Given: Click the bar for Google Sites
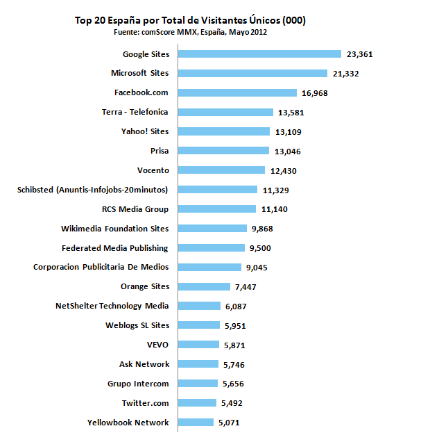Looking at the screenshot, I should click(x=260, y=54).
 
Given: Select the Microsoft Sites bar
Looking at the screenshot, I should click(x=253, y=73).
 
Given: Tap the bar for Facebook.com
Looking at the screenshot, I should click(x=238, y=92).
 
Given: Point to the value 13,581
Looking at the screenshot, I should click(x=291, y=112).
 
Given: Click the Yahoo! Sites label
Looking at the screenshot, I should click(x=145, y=131).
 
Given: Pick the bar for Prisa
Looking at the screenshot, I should click(x=223, y=151).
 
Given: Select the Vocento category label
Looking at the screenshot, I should click(x=153, y=170).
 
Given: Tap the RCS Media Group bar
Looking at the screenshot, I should click(x=218, y=209).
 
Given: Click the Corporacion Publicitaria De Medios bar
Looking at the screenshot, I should click(x=209, y=267).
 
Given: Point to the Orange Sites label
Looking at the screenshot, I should click(x=144, y=286).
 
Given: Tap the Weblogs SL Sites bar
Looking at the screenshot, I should click(x=199, y=325).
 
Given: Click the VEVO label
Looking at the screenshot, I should click(x=157, y=345).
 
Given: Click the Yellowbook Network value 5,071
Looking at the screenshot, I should click(x=230, y=423).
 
